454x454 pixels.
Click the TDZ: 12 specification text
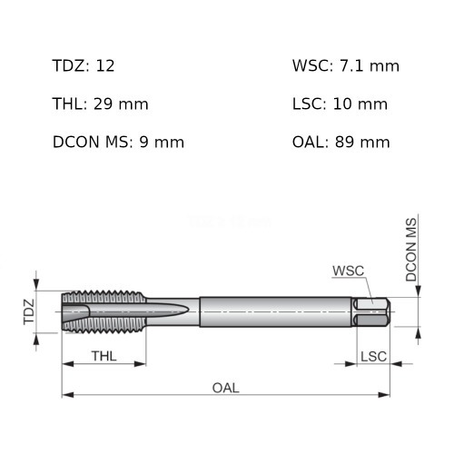coord(84,66)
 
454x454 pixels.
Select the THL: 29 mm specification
coord(100,104)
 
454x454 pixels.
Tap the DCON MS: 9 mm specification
coord(118,143)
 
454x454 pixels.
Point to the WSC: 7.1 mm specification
coord(345,66)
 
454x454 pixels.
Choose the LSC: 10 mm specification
coord(340,104)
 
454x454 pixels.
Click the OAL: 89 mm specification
coord(340,143)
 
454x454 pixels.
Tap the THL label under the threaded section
coord(103,354)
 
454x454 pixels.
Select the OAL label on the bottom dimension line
coord(225,388)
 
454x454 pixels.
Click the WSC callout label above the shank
coord(347,271)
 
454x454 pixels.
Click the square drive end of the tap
coord(373,312)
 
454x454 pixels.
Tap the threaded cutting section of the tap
coord(104,311)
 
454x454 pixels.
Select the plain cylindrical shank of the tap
coord(272,311)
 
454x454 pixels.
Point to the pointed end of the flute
coord(188,311)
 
